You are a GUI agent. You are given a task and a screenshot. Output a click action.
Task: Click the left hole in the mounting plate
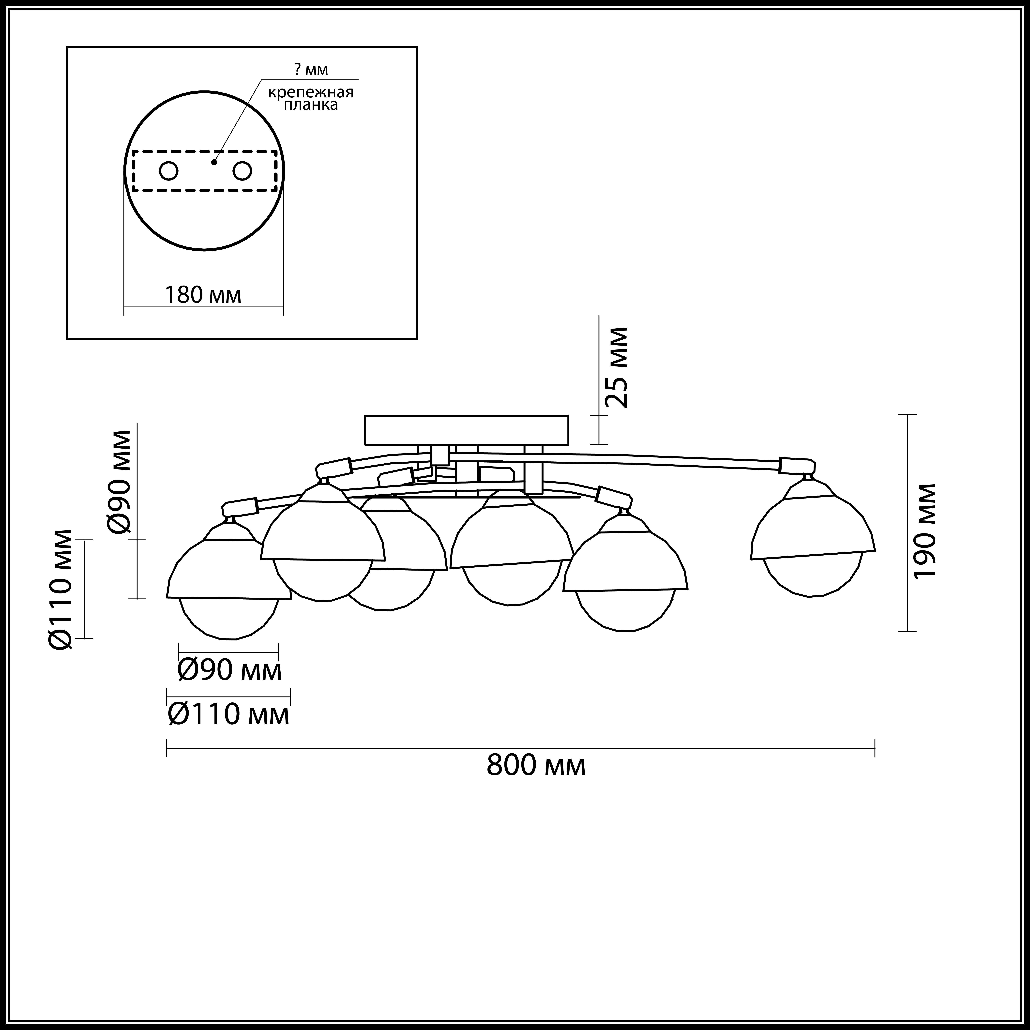(x=168, y=171)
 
